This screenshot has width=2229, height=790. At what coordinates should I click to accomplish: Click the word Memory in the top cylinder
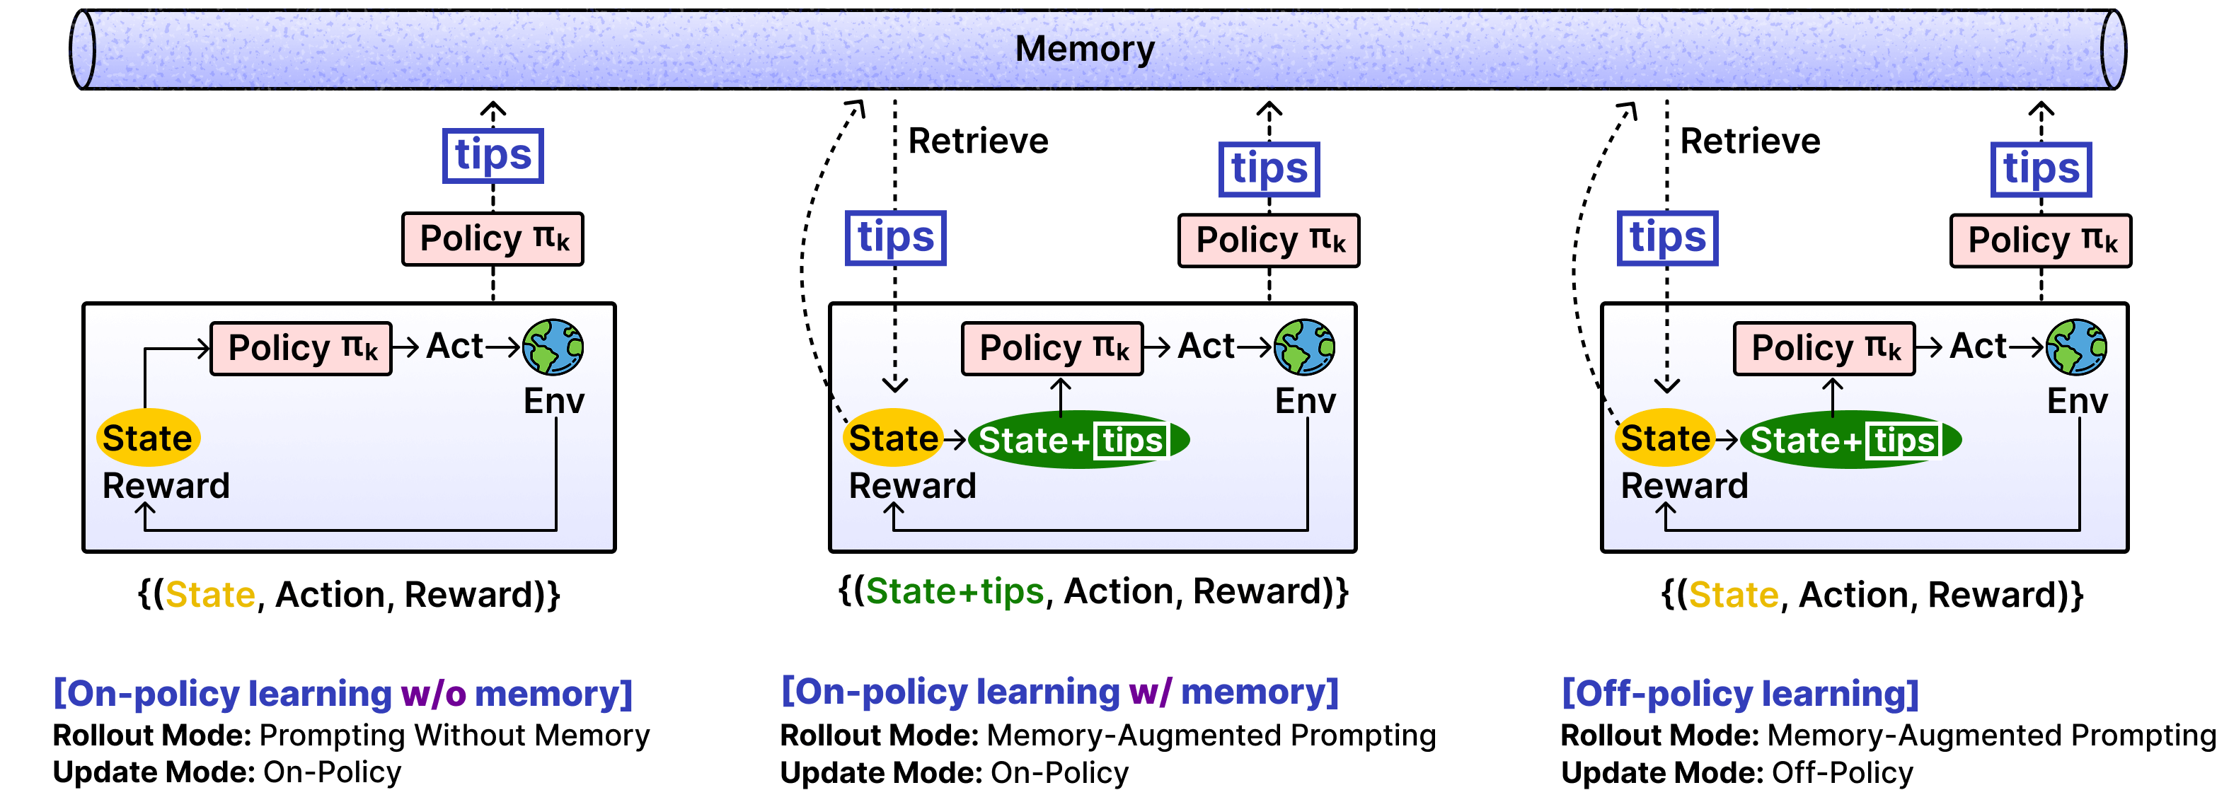point(1084,49)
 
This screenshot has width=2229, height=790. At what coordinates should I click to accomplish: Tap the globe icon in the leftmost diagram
point(553,347)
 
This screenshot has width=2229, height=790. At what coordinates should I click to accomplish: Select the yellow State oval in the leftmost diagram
point(148,437)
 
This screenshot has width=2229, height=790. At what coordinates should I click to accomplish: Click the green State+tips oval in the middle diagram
point(1078,440)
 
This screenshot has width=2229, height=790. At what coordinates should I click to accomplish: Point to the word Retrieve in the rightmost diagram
point(1750,141)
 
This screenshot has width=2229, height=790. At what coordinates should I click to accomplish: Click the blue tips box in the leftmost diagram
point(493,156)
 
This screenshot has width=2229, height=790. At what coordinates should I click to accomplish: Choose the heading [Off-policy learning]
point(1740,693)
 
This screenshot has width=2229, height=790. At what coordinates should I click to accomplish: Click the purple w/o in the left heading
point(434,693)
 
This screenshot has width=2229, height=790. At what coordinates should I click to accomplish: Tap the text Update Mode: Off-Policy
point(1737,772)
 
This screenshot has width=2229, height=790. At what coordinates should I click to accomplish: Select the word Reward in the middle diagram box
point(912,485)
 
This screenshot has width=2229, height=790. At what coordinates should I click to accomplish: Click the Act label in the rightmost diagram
point(1978,346)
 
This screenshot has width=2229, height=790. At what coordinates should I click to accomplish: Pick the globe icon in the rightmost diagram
point(2076,347)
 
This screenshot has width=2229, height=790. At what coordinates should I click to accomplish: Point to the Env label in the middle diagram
point(1305,400)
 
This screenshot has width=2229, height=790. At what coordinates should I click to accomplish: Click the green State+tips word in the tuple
point(955,591)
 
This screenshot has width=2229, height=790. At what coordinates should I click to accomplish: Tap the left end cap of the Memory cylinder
point(83,50)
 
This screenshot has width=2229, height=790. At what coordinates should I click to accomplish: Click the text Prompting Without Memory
point(454,735)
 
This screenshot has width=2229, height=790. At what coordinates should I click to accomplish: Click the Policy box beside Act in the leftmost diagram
point(301,349)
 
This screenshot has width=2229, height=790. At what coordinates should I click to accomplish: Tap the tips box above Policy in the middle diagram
point(1269,170)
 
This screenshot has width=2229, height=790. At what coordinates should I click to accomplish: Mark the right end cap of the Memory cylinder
point(2113,50)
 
